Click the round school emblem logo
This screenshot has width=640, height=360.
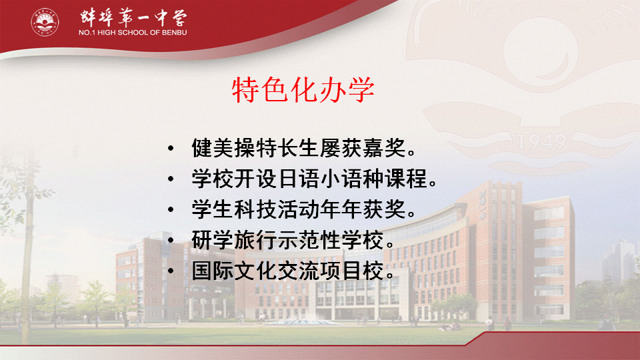pos(45,22)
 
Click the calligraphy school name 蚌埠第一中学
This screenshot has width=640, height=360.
pos(133,17)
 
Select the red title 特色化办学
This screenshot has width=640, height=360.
pos(303,90)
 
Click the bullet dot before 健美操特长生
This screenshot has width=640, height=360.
pos(171,148)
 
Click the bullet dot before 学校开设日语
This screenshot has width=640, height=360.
pos(171,179)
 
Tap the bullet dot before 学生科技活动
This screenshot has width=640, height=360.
pos(171,209)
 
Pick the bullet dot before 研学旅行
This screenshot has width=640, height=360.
pos(171,240)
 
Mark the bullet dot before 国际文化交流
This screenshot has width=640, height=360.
pos(171,271)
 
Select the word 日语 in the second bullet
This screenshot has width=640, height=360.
pos(299,179)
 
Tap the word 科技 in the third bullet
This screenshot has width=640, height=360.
pos(256,209)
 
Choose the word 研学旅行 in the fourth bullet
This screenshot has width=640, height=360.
pos(234,240)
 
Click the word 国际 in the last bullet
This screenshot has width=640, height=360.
pos(213,271)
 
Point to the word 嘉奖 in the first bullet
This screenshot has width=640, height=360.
pos(385,148)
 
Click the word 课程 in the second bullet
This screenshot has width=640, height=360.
pos(406,179)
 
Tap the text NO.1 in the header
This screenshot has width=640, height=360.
pos(87,33)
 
